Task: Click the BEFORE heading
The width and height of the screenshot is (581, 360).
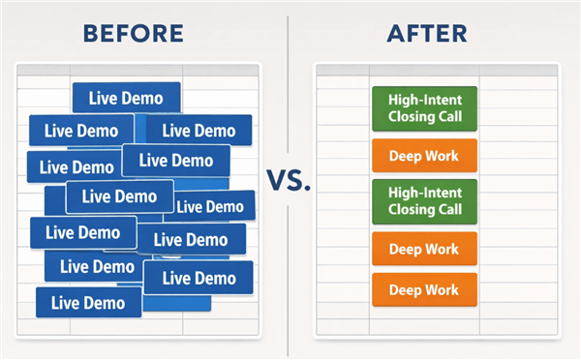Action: pyautogui.click(x=133, y=33)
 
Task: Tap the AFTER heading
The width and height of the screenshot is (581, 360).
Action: pyautogui.click(x=427, y=33)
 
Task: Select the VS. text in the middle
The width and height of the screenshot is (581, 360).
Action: pyautogui.click(x=288, y=180)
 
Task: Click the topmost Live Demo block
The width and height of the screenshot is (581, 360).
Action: pyautogui.click(x=126, y=98)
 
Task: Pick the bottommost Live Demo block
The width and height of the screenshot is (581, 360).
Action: pyautogui.click(x=88, y=302)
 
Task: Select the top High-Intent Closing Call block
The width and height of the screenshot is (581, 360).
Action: pyautogui.click(x=424, y=107)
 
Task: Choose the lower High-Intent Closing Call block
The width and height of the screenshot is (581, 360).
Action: pyautogui.click(x=424, y=200)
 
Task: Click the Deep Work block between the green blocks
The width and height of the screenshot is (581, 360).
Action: pyautogui.click(x=424, y=155)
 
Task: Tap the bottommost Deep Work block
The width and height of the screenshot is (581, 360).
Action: pyautogui.click(x=424, y=288)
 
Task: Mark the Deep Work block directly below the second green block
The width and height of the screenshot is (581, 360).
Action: pyautogui.click(x=424, y=248)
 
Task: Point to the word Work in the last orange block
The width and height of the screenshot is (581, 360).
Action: pyautogui.click(x=443, y=288)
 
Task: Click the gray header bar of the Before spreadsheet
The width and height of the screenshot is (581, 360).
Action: pyautogui.click(x=137, y=71)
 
